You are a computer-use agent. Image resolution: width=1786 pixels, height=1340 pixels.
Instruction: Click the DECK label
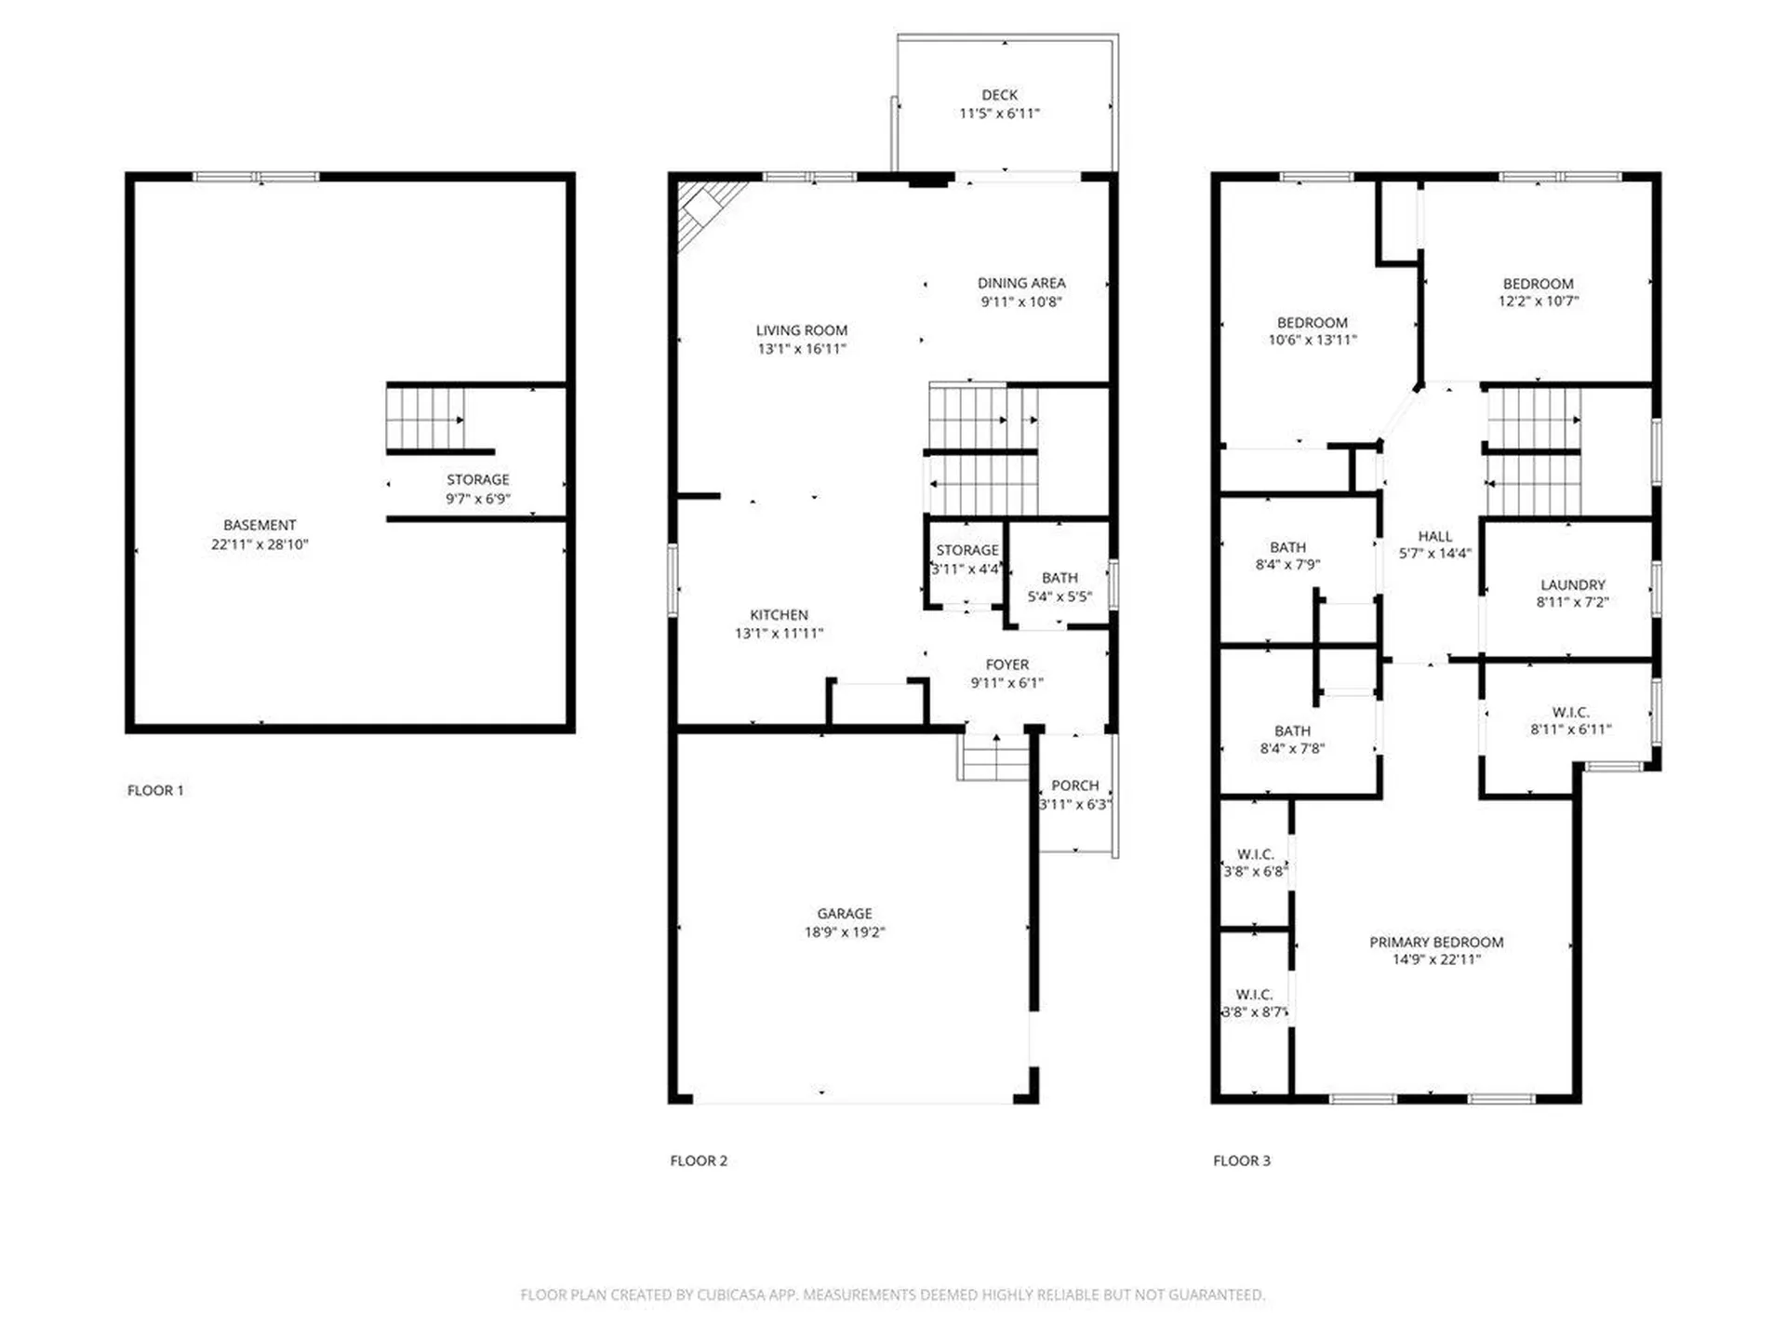click(999, 95)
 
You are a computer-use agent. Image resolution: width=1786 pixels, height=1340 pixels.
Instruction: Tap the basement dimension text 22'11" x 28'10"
click(259, 544)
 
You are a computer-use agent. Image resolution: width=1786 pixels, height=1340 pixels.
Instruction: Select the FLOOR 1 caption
click(155, 790)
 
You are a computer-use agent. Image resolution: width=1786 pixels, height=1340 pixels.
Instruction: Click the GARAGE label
click(845, 914)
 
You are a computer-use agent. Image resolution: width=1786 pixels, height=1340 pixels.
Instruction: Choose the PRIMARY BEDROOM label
click(1436, 942)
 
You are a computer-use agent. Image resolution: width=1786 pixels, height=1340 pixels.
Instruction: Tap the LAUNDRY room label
click(1572, 584)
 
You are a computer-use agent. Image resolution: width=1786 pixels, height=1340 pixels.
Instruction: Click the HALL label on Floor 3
click(1434, 536)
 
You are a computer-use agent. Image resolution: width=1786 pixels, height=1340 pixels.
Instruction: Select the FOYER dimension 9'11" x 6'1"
click(1006, 683)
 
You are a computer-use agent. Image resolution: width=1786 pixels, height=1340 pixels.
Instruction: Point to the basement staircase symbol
click(425, 419)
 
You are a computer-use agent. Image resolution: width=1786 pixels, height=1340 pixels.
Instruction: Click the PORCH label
click(1074, 785)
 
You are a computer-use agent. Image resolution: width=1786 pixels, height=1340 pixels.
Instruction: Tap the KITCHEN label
click(779, 615)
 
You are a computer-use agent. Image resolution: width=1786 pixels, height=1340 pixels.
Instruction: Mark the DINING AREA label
click(1020, 283)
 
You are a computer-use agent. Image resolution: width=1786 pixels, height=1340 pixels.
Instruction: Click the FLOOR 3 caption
click(1241, 1160)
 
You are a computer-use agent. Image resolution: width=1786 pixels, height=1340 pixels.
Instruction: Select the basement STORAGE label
click(477, 479)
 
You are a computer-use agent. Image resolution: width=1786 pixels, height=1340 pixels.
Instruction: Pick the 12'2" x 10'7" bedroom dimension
click(1538, 301)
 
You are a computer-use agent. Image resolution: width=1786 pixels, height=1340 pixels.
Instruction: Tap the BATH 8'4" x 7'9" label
click(1287, 547)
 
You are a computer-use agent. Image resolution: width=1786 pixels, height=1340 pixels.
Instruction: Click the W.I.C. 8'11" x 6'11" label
click(1570, 712)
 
